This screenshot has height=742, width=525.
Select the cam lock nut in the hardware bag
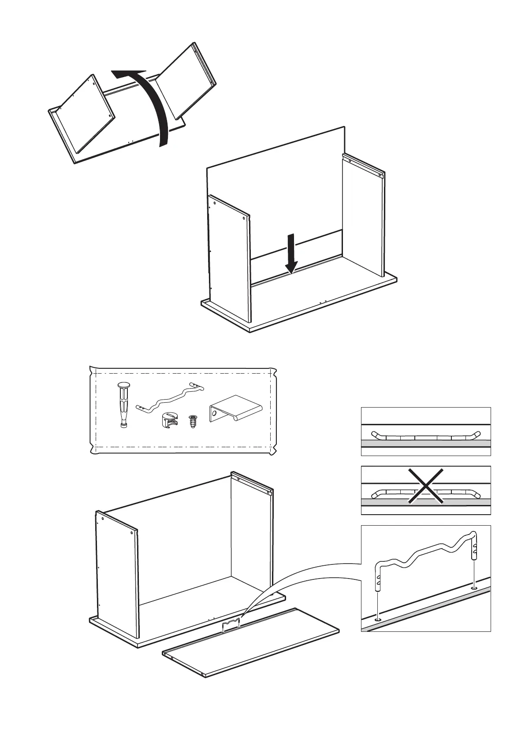[x=168, y=419]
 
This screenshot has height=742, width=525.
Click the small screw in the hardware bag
[x=192, y=422]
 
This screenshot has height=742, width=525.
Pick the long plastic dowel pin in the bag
[x=123, y=404]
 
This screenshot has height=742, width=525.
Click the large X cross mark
[x=425, y=486]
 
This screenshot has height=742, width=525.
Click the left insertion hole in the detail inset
[x=378, y=620]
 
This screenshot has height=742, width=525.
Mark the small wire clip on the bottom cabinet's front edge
[x=232, y=625]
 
